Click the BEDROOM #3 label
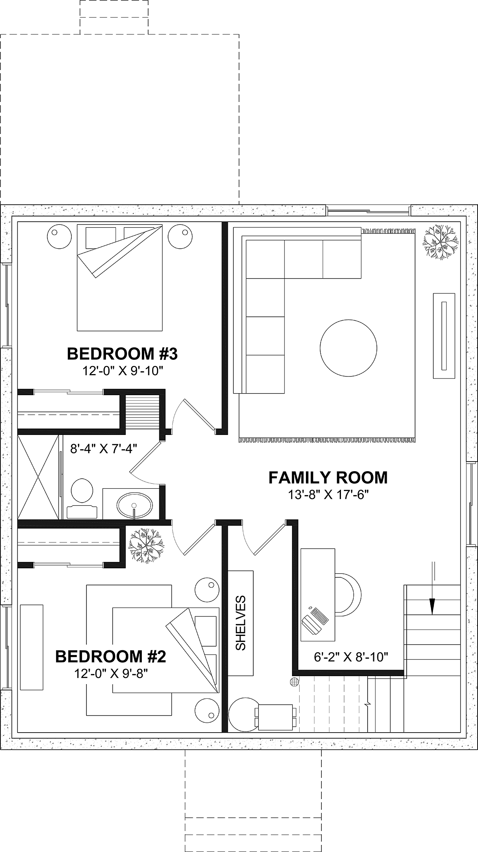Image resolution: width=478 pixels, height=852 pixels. click(x=122, y=353)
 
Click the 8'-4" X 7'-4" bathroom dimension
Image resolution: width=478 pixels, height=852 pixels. click(x=104, y=449)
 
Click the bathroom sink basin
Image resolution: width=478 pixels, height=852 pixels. click(x=135, y=505)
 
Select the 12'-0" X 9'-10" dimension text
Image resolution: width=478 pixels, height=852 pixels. click(x=123, y=371)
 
